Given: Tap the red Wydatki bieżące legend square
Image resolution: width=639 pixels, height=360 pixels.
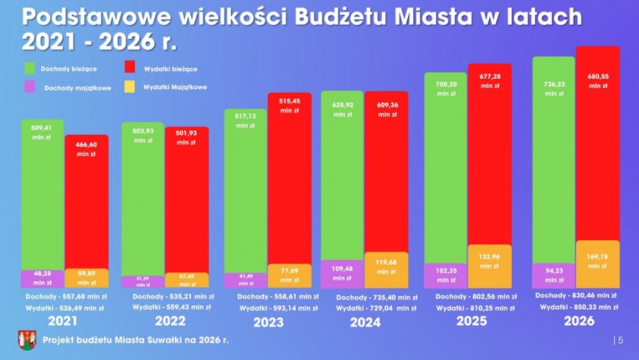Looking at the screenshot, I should [130, 68].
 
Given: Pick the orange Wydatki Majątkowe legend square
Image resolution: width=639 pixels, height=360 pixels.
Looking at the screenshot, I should [130, 87].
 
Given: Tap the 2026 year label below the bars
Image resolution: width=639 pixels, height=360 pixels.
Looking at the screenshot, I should [579, 321].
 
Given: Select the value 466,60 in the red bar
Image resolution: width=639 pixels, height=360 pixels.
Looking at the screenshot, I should [87, 143].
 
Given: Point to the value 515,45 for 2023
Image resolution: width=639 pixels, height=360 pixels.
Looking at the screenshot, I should [289, 101].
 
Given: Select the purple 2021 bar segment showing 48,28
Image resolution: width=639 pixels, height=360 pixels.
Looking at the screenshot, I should [42, 278].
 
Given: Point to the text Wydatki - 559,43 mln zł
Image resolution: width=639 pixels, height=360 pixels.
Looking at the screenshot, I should [168, 307].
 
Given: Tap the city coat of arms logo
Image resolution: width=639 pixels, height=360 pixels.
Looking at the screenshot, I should [27, 340].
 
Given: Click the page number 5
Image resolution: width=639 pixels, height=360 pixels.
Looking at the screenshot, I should [621, 341].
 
